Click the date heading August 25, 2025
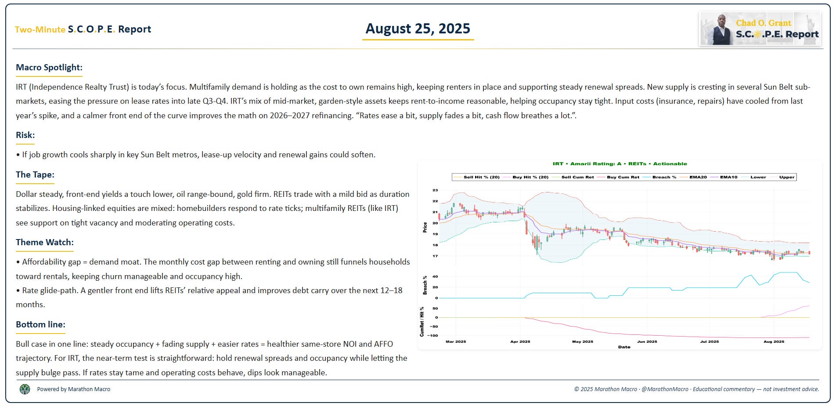point(418,29)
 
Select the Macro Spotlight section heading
point(49,67)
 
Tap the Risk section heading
point(25,135)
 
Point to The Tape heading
point(35,174)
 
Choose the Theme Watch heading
point(44,242)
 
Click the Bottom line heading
point(40,324)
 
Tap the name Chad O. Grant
point(763,23)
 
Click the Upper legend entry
point(786,177)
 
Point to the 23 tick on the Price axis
point(435,190)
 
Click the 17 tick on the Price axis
point(435,256)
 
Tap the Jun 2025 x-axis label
point(647,341)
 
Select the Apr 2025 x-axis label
point(520,341)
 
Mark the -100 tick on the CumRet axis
point(433,336)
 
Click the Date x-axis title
point(624,347)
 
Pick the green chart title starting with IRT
point(620,163)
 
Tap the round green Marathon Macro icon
point(25,389)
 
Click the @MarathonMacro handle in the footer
point(664,389)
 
